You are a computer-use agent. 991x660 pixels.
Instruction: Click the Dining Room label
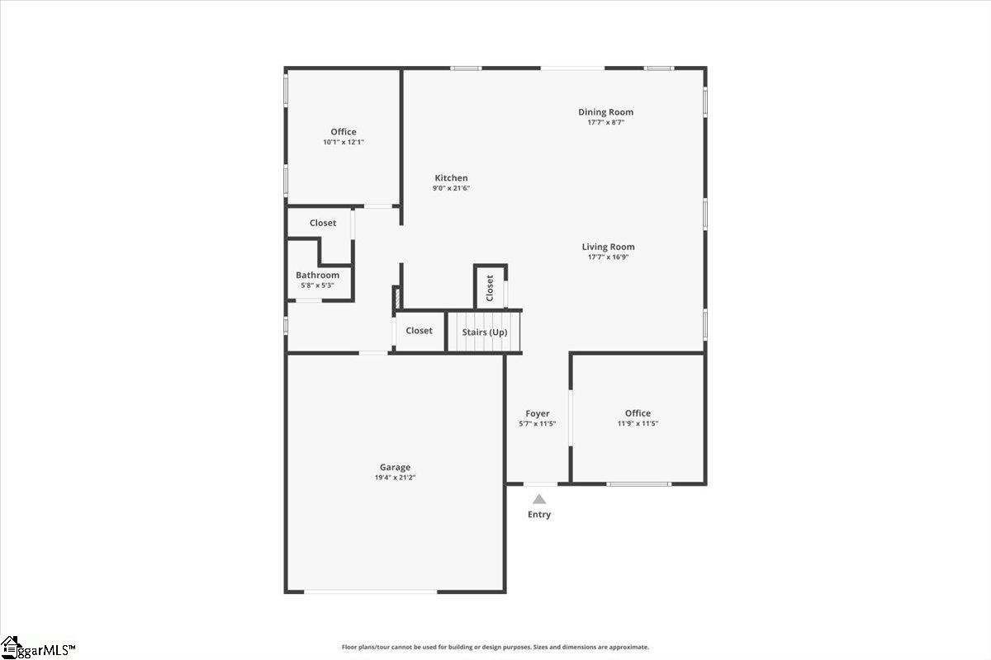click(605, 112)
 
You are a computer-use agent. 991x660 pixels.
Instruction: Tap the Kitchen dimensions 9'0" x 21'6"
click(451, 188)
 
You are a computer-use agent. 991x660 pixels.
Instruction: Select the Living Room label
click(608, 247)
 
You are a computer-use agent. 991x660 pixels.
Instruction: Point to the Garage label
click(395, 467)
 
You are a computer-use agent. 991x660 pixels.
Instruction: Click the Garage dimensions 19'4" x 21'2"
click(395, 478)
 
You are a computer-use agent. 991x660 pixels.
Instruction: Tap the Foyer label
click(538, 413)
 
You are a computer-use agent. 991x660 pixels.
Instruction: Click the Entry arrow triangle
click(538, 499)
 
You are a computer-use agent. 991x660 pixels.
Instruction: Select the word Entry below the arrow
click(539, 515)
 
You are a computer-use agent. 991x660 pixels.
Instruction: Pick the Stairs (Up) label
click(485, 332)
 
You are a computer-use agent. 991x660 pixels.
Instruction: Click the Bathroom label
click(317, 275)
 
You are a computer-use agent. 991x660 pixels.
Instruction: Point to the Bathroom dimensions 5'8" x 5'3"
click(317, 285)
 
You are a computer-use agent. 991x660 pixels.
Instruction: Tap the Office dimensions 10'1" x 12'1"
click(344, 142)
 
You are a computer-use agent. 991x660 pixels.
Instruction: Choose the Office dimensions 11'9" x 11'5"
click(638, 423)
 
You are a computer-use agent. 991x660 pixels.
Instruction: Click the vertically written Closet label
click(490, 287)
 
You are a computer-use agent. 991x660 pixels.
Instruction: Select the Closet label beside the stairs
click(419, 331)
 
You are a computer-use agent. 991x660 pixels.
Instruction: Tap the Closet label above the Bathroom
click(323, 223)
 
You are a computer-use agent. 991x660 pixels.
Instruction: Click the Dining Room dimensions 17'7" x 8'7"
click(605, 122)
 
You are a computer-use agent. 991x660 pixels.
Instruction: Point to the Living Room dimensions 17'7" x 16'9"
click(608, 257)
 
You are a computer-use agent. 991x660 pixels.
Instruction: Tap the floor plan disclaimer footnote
click(495, 648)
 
